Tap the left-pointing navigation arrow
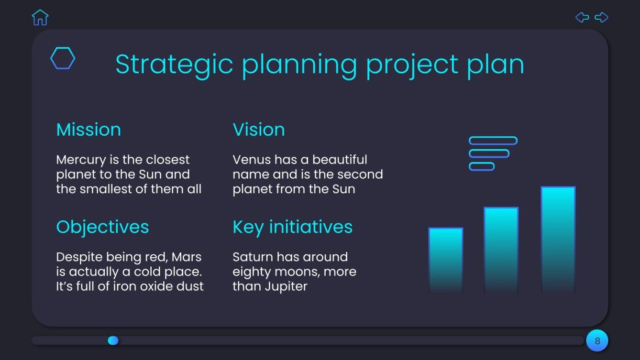pyautogui.click(x=582, y=17)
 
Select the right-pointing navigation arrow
pyautogui.click(x=601, y=17)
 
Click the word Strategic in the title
pyautogui.click(x=174, y=65)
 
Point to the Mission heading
pyautogui.click(x=88, y=130)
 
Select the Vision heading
pyautogui.click(x=259, y=130)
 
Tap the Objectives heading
pyautogui.click(x=102, y=228)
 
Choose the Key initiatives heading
pyautogui.click(x=293, y=228)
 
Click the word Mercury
pyautogui.click(x=81, y=160)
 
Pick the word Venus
pyautogui.click(x=252, y=160)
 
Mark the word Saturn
pyautogui.click(x=252, y=257)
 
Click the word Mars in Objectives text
pyautogui.click(x=186, y=257)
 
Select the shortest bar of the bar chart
pyautogui.click(x=446, y=261)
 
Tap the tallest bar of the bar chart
pyautogui.click(x=558, y=240)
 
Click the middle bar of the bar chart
pyautogui.click(x=501, y=250)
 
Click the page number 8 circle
pyautogui.click(x=597, y=340)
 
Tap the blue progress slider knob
pyautogui.click(x=113, y=340)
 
